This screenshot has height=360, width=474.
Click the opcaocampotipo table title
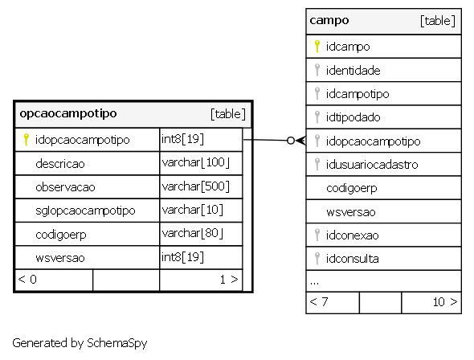(x=68, y=113)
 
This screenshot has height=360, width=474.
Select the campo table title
(x=329, y=21)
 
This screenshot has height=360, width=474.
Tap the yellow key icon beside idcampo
(x=317, y=47)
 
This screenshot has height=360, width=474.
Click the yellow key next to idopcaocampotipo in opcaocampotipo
(x=26, y=140)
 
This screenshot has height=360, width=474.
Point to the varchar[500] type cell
(x=195, y=186)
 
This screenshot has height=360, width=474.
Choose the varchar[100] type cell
(x=195, y=163)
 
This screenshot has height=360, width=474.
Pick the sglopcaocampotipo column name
(x=85, y=211)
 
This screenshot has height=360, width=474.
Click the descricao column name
(x=60, y=163)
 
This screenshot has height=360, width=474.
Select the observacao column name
(x=65, y=187)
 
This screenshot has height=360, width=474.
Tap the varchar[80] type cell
(x=192, y=234)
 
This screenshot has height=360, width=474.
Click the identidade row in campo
(x=353, y=71)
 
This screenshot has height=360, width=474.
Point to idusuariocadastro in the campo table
(x=372, y=165)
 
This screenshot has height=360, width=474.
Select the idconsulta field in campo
(x=352, y=259)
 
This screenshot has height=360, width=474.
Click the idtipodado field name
(x=353, y=117)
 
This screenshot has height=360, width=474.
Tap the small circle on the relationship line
(x=291, y=141)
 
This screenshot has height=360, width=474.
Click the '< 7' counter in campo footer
(x=319, y=301)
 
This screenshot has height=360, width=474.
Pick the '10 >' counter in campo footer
(x=445, y=301)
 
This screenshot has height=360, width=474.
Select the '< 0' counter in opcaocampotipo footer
(x=27, y=280)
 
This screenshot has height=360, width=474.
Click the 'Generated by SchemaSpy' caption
(x=80, y=343)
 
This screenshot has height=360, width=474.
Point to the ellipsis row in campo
(x=314, y=283)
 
